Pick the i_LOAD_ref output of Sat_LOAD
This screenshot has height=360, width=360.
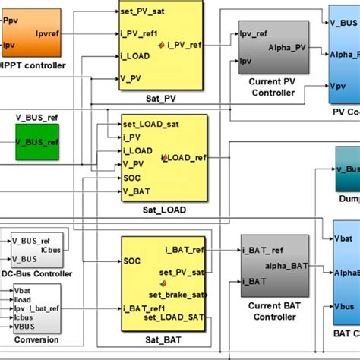click(187, 159)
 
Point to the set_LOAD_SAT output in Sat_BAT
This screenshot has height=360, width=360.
click(176, 317)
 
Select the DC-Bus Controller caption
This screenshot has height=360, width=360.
click(36, 273)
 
